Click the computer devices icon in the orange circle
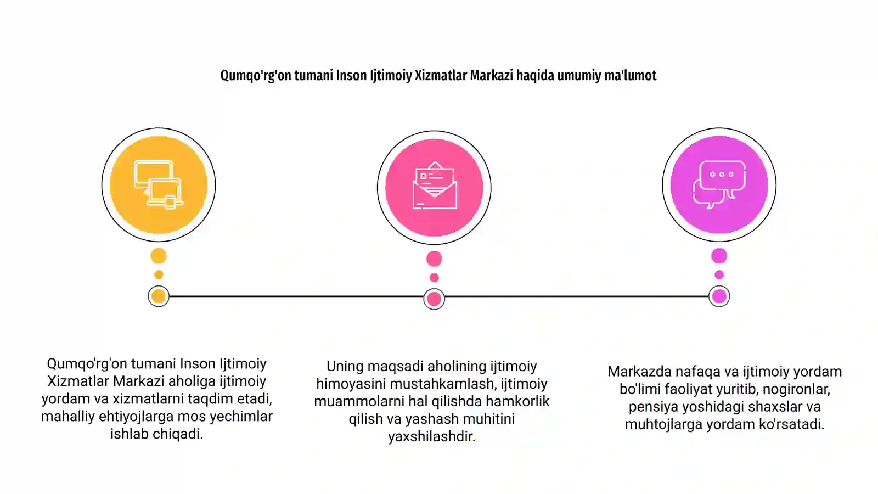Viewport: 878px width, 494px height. coord(159,184)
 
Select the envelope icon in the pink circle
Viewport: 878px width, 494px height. coord(434,185)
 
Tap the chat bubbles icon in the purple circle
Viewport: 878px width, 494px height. coord(719,184)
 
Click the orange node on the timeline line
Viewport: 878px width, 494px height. coord(159,296)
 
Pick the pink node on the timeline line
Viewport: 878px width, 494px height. coord(434,299)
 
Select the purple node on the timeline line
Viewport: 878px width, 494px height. coord(719,296)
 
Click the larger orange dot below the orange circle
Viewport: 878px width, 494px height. coord(159,256)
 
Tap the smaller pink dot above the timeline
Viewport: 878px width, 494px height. coord(434,278)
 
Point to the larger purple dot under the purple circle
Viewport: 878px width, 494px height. coord(719,256)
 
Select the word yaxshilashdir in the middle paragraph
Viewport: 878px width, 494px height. coord(431,437)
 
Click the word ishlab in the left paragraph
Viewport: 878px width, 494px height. coord(129,434)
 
